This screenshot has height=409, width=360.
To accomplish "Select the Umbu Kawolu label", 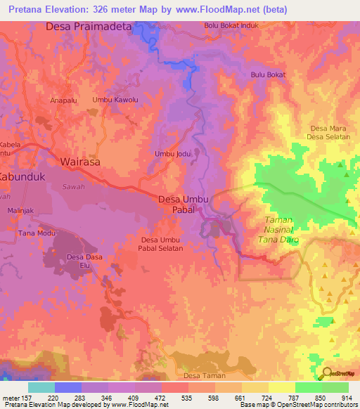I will pos(115,100).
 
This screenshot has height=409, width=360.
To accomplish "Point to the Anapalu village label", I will pos(65,100).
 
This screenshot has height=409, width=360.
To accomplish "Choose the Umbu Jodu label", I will pos(173,154).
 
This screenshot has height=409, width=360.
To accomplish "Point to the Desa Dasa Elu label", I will pos(84,261).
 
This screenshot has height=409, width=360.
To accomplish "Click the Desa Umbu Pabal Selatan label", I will pos(160,245).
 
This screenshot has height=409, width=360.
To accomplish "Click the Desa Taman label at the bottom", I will pos(204,376).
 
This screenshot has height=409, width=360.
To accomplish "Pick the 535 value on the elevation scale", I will pos(188,397).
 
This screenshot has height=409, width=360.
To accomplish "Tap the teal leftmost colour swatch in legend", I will pos(41,387).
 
